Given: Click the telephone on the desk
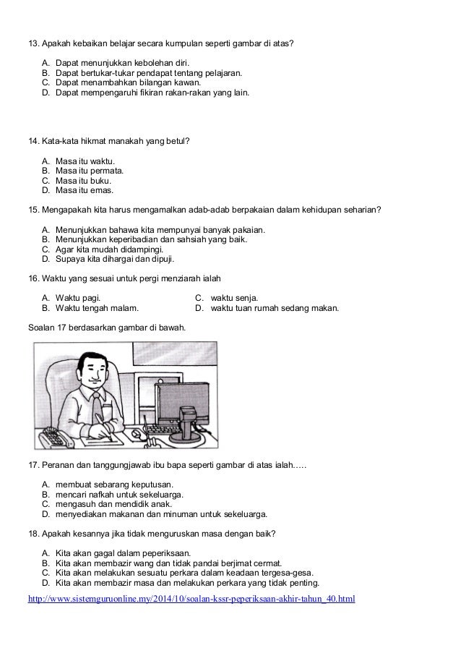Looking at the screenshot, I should [x=54, y=436].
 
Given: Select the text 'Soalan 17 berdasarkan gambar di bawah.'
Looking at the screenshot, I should [x=106, y=328].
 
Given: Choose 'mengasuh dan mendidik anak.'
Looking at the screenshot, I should [x=112, y=504].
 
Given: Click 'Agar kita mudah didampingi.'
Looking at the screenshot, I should [x=107, y=248].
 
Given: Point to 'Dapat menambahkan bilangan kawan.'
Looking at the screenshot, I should [x=128, y=82].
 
